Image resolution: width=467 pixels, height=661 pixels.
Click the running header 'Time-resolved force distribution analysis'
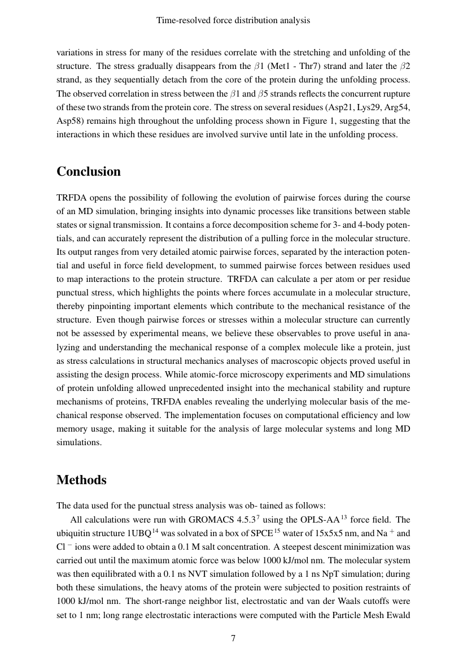pyautogui.click(x=233, y=20)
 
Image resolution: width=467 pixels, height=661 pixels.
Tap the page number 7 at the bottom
pyautogui.click(x=233, y=638)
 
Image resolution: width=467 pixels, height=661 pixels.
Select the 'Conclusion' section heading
pyautogui.click(x=89, y=172)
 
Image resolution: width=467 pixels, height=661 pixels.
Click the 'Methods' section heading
pyautogui.click(x=81, y=480)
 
